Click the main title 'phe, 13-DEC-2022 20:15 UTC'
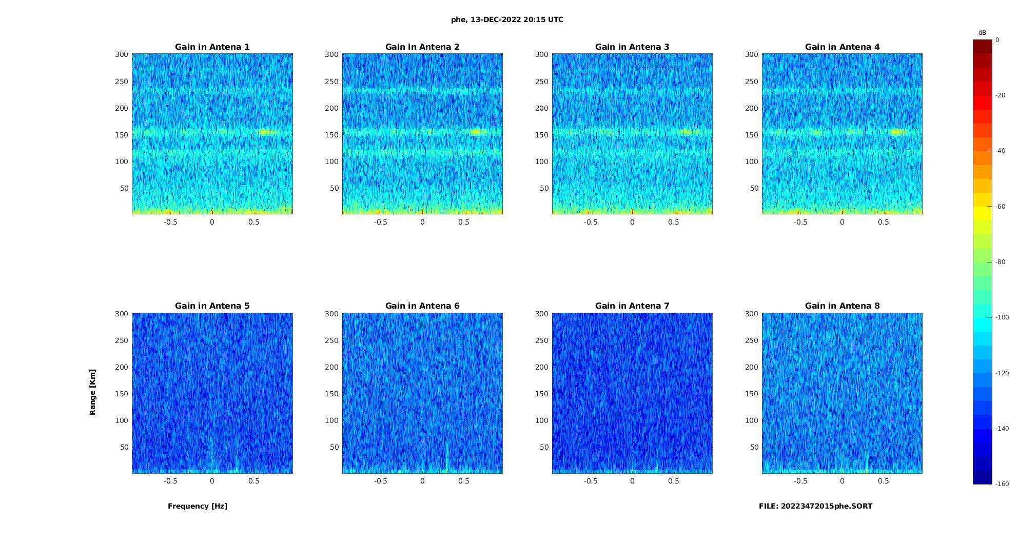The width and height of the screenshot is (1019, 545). (507, 19)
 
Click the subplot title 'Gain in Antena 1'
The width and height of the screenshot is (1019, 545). (212, 47)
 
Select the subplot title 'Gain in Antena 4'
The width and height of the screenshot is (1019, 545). (842, 47)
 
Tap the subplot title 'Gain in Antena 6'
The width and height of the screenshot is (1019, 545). (422, 306)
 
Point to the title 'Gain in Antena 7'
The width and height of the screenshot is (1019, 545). (632, 306)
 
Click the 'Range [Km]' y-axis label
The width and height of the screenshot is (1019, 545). (92, 392)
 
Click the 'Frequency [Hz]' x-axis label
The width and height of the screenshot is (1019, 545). (198, 506)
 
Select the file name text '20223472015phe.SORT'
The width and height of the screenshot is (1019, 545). (827, 506)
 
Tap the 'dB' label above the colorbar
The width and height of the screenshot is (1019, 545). (982, 33)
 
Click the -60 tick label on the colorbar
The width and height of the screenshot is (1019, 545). (1001, 207)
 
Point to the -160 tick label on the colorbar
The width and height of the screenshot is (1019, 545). (1002, 484)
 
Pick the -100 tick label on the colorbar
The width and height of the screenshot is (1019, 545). (1002, 317)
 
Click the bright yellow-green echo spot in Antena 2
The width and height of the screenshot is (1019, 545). (476, 132)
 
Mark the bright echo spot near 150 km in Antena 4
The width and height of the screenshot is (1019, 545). (897, 132)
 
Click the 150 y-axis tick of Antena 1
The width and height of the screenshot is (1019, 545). (122, 135)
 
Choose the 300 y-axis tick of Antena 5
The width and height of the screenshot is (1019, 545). (122, 314)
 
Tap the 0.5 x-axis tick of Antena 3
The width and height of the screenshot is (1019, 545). (674, 222)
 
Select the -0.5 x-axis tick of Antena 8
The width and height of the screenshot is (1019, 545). (800, 481)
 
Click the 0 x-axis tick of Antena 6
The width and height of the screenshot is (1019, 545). (422, 481)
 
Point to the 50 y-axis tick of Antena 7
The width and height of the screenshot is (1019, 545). (544, 447)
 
